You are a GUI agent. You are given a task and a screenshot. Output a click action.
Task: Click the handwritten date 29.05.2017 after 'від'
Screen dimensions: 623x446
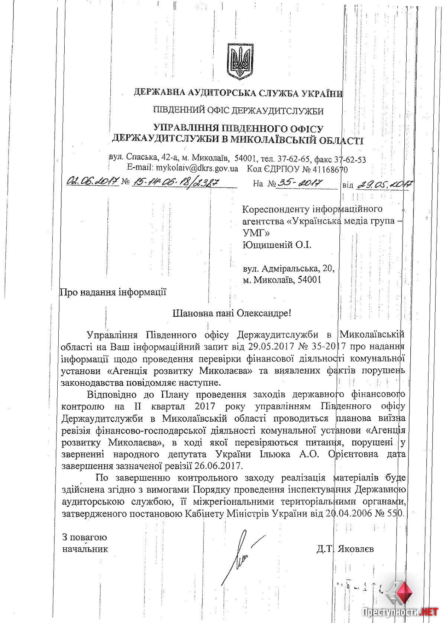click(x=385, y=184)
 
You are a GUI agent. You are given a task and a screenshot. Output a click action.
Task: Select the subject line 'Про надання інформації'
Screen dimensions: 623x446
click(x=113, y=292)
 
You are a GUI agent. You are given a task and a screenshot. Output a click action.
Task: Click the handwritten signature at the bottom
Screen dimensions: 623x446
click(x=242, y=553)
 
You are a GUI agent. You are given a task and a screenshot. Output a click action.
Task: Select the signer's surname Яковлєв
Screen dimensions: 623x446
click(x=355, y=549)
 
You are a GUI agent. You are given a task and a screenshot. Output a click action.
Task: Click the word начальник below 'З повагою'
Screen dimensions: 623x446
click(x=85, y=549)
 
